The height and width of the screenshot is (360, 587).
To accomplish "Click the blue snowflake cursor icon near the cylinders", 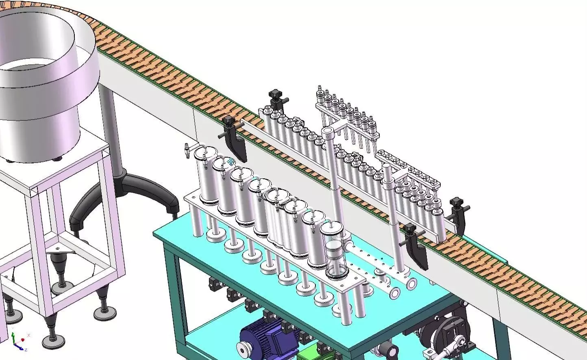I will pyautogui.click(x=231, y=162).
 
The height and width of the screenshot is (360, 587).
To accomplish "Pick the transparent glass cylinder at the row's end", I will pyautogui.click(x=335, y=250).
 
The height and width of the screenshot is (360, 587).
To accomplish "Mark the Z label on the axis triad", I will pyautogui.click(x=26, y=349).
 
